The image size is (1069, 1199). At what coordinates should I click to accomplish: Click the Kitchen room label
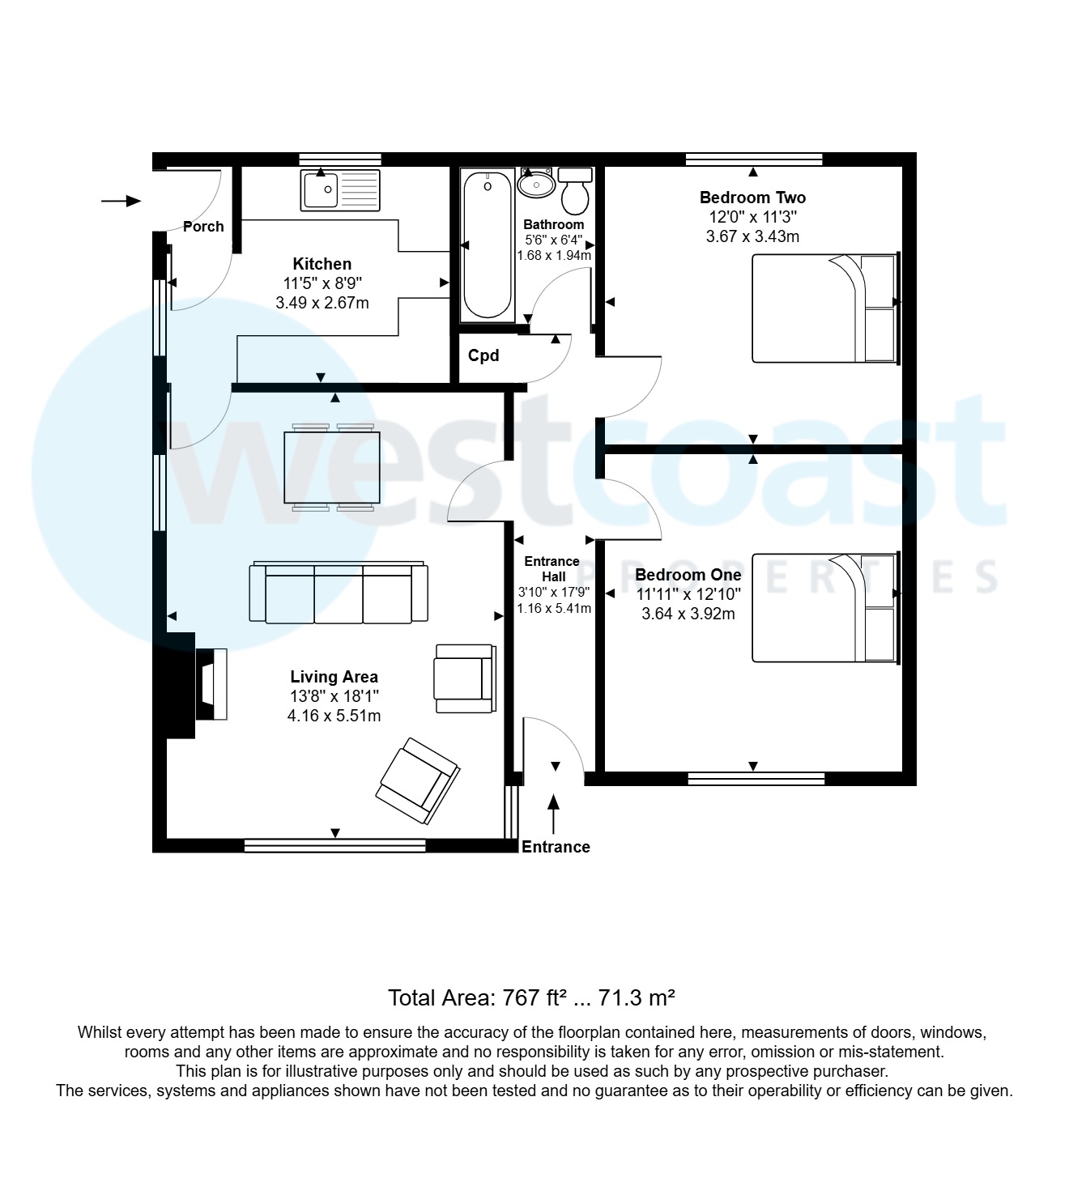(322, 264)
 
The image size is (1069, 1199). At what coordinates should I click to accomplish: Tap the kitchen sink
(340, 189)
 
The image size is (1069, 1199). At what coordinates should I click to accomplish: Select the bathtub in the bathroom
(488, 243)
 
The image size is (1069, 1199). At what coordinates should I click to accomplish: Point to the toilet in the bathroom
(576, 189)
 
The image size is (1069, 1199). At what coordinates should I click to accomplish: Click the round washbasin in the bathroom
(535, 185)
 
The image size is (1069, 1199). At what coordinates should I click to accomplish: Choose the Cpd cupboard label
(483, 355)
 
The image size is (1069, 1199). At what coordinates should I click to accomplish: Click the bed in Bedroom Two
(825, 308)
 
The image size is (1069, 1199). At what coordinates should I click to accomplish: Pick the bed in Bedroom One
(825, 608)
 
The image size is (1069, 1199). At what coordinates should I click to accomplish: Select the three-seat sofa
(339, 593)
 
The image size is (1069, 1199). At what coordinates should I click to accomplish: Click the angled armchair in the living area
(418, 780)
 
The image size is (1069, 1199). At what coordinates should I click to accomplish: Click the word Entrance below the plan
(556, 847)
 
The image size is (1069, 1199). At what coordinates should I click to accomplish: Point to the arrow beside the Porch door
(121, 201)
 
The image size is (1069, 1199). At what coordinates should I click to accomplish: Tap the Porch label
(203, 227)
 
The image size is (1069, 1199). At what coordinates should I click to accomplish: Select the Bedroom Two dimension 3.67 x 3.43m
(752, 236)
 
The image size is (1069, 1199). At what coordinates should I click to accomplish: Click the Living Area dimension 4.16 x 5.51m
(334, 716)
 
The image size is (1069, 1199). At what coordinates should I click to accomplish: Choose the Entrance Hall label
(552, 568)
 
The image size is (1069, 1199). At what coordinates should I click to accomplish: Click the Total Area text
(531, 997)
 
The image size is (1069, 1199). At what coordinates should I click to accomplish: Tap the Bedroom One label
(688, 575)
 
